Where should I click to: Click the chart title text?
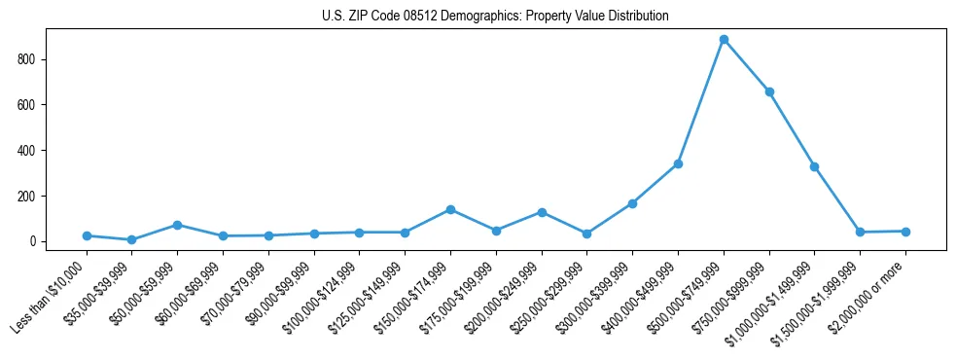(x=495, y=17)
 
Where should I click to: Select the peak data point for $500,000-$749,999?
(x=724, y=40)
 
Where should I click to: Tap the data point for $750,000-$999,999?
(x=769, y=91)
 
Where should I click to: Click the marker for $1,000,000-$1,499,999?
(x=814, y=166)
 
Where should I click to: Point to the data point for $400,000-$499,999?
(x=678, y=163)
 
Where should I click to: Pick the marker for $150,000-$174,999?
(x=450, y=209)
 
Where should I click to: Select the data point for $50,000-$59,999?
(x=177, y=225)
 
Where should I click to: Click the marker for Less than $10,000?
(x=87, y=235)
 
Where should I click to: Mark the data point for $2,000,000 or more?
(x=905, y=232)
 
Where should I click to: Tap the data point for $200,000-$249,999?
(x=542, y=212)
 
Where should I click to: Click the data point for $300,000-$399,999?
(x=632, y=203)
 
